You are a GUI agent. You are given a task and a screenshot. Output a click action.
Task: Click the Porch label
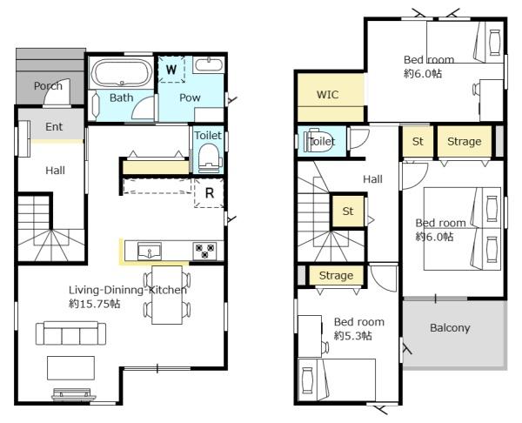pyautogui.click(x=48, y=86)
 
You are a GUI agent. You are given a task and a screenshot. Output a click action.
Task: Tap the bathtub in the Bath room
pyautogui.click(x=122, y=72)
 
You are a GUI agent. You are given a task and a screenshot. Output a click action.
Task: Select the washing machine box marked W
pyautogui.click(x=171, y=70)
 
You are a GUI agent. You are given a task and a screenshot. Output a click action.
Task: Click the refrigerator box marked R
pyautogui.click(x=209, y=193)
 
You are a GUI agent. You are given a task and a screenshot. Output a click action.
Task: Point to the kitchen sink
pyautogui.click(x=150, y=252)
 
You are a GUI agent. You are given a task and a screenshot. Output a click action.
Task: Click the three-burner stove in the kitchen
pyautogui.click(x=204, y=251)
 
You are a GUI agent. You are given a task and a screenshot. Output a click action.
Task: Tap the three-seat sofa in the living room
pyautogui.click(x=71, y=333)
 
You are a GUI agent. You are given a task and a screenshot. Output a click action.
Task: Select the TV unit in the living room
pyautogui.click(x=74, y=394)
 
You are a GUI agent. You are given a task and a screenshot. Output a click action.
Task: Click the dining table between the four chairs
pyautogui.click(x=167, y=295)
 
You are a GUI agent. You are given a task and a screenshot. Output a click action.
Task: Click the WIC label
pyautogui.click(x=328, y=95)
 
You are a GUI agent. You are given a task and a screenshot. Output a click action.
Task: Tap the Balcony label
pyautogui.click(x=450, y=328)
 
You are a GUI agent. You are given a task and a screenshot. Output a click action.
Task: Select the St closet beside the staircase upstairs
pyautogui.click(x=348, y=211)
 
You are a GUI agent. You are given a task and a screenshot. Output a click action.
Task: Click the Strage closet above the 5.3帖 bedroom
pyautogui.click(x=336, y=275)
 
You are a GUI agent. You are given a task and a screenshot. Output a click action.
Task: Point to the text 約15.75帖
pyautogui.click(x=94, y=304)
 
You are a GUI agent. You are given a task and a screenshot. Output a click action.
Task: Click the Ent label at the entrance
pyautogui.click(x=54, y=127)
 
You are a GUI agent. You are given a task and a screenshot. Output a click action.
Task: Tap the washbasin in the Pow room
pyautogui.click(x=209, y=64)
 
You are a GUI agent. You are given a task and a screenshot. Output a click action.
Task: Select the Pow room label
pyautogui.click(x=190, y=97)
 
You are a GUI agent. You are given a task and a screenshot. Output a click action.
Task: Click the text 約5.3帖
pyautogui.click(x=353, y=335)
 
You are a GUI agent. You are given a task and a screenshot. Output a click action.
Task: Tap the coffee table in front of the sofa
pyautogui.click(x=70, y=367)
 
